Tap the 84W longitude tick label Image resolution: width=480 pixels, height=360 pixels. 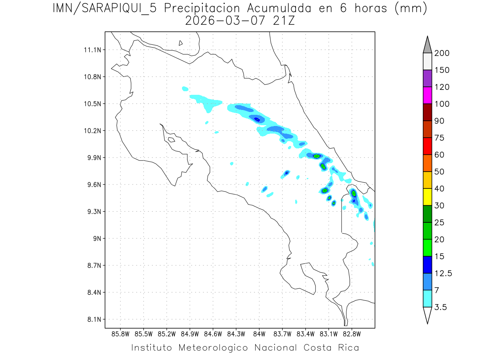[259, 334]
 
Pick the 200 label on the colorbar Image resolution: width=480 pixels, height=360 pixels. [442, 53]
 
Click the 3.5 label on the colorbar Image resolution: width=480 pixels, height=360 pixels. [441, 307]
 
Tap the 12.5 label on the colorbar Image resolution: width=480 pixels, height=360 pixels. [443, 273]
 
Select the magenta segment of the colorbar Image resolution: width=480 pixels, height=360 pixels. [427, 95]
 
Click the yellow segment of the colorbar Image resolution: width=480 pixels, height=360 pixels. [427, 197]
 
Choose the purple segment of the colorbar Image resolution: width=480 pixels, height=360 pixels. [427, 78]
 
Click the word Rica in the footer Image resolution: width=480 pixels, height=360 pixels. [347, 347]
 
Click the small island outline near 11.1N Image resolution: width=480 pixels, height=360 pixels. [181, 43]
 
